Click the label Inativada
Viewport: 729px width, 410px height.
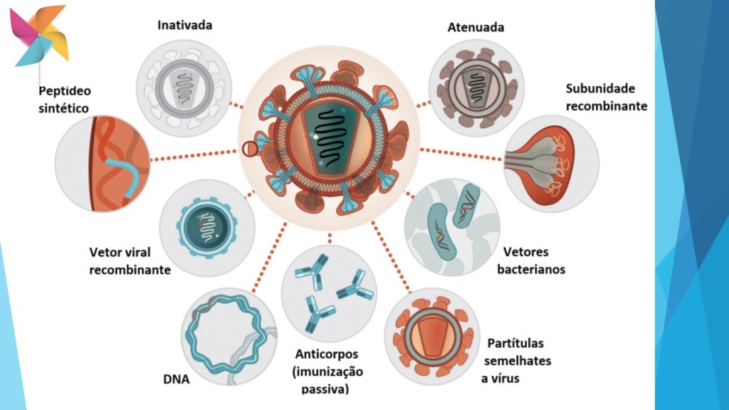[184, 26]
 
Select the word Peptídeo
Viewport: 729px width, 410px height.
[65, 92]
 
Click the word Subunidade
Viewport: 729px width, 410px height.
[600, 89]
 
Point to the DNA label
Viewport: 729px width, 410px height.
[176, 379]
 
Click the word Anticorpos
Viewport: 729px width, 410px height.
[327, 354]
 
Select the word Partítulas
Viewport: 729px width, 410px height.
[518, 342]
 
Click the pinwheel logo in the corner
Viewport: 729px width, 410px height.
[40, 34]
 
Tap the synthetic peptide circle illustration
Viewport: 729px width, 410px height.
[103, 165]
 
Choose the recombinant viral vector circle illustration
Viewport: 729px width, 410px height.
[207, 229]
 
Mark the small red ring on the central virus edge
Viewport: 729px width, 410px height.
[249, 149]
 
